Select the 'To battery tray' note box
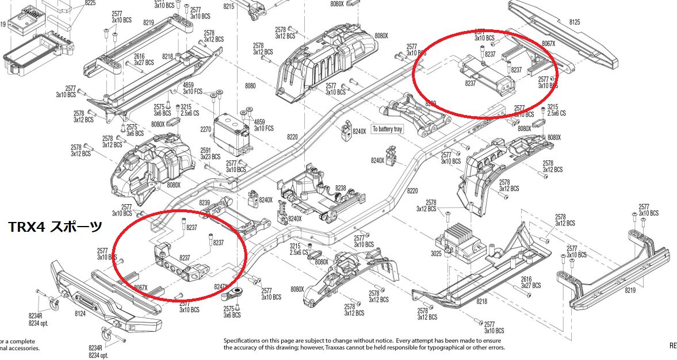(x=387, y=129)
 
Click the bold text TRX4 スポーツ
(x=55, y=227)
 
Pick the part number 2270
(x=205, y=130)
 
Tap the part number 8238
(x=341, y=189)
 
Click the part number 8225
(x=90, y=3)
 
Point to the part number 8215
(x=228, y=6)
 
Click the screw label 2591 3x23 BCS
(x=210, y=153)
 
